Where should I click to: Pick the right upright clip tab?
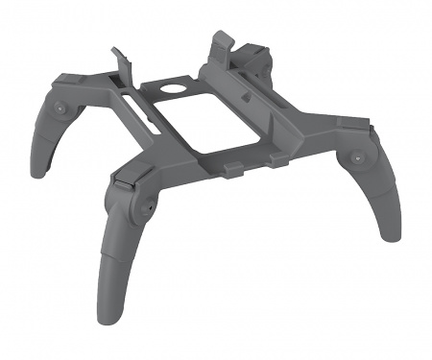(x=219, y=42)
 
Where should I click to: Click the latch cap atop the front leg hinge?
(x=121, y=179)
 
